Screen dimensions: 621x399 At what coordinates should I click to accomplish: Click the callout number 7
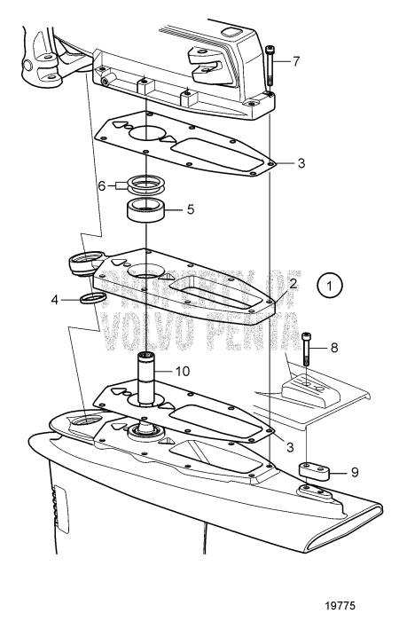(296, 61)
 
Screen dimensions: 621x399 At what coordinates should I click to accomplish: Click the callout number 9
(355, 473)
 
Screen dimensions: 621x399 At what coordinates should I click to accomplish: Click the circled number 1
(330, 287)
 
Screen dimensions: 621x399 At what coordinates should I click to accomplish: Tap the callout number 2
(293, 283)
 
